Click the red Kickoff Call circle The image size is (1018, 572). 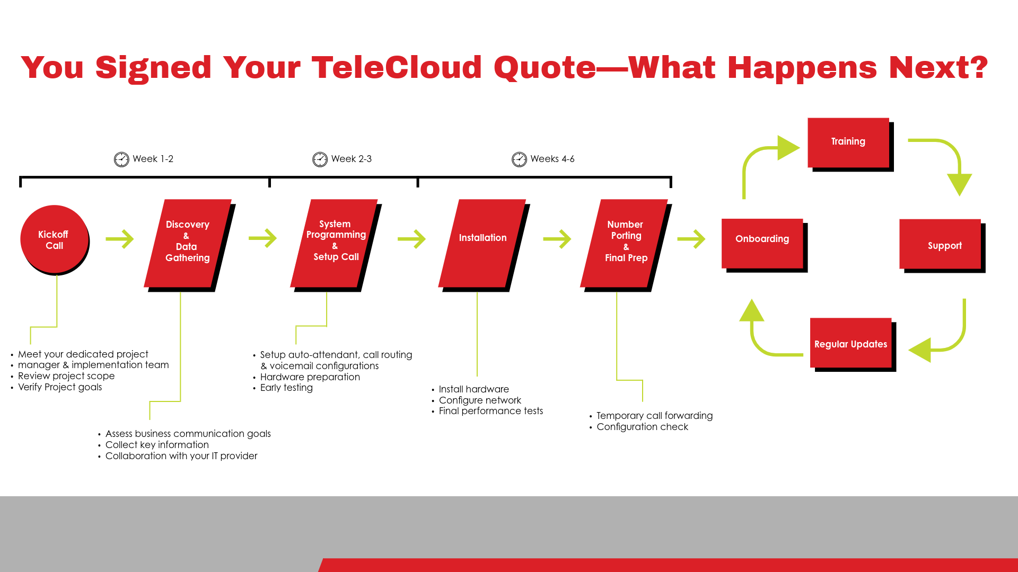click(x=54, y=239)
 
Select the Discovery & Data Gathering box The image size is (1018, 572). click(x=188, y=243)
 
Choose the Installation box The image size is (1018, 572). click(x=482, y=243)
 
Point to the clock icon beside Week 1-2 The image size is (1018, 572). click(x=121, y=159)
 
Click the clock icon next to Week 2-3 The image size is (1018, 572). click(x=320, y=159)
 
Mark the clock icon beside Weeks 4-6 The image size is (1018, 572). click(x=519, y=159)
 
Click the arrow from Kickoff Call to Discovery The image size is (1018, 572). click(x=120, y=239)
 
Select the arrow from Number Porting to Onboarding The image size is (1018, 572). click(x=691, y=239)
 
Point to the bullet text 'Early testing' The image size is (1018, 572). click(x=286, y=388)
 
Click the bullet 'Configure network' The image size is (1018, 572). click(x=480, y=400)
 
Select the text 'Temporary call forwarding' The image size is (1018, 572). click(x=655, y=416)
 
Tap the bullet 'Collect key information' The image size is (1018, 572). click(x=157, y=445)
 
